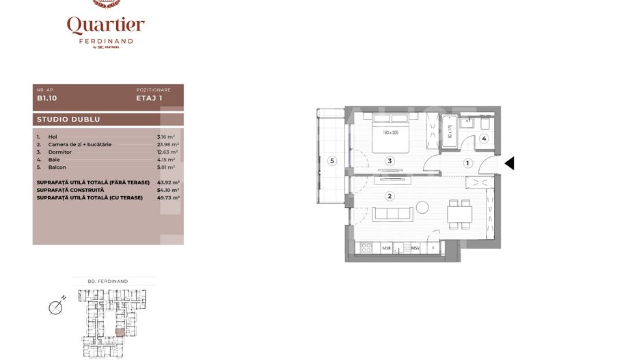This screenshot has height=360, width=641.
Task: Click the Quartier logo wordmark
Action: pos(105,25)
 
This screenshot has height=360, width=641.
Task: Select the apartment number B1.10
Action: pos(46,98)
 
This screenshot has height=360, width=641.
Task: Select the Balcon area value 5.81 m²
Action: pos(166,167)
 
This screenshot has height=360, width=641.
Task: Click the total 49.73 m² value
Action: pos(167,197)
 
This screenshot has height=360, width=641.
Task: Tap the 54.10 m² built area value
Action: pos(167,190)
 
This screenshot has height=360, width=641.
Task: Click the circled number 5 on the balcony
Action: pos(332,161)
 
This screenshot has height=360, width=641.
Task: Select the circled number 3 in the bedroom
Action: pos(390,161)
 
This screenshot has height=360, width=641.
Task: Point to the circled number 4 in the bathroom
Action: pos(483,139)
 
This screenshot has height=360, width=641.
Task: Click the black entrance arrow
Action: pos(509,163)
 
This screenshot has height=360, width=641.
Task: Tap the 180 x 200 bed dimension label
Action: pos(390,133)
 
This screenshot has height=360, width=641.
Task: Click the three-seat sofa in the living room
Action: pos(393,214)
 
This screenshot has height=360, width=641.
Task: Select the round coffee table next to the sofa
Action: pos(422,207)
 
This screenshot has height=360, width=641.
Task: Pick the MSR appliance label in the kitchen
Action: pos(386,249)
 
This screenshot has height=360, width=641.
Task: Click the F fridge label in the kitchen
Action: pos(432,249)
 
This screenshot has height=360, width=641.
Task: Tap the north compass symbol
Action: pos(57,307)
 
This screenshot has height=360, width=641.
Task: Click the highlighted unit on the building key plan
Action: pos(120,333)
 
